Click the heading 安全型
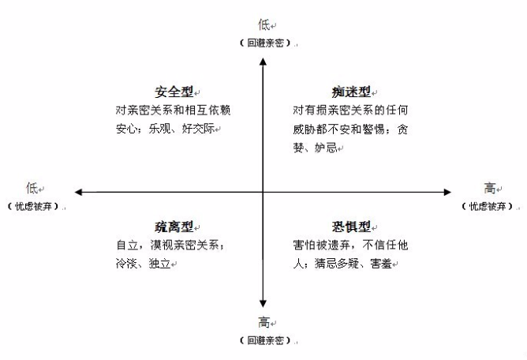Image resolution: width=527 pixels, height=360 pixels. pos(174,92)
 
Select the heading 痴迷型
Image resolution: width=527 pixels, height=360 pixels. pos(351,92)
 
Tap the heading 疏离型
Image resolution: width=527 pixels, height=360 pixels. pos(174,227)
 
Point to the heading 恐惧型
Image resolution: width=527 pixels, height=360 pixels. pos(351,227)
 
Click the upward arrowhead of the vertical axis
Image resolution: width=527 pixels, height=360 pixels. pos(263,62)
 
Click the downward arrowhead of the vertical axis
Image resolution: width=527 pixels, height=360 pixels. pos(263,303)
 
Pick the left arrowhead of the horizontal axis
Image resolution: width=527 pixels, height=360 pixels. pos(78,192)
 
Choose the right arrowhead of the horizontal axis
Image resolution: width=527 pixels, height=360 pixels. pos(447,192)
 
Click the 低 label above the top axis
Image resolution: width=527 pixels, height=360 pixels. pos(263,25)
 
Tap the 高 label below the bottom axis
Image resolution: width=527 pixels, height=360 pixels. pos(263,322)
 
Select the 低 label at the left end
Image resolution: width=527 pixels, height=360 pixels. pos(32,188)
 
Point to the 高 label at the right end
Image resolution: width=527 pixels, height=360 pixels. pos(490,188)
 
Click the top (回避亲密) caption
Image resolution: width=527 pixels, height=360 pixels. pos(265,43)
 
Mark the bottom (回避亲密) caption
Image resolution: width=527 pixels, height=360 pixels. pos(265,340)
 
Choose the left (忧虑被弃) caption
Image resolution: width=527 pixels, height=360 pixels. pos(33,206)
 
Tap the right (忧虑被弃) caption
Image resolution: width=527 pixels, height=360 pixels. pos(488,206)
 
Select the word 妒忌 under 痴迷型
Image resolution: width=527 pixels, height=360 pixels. pos(326,148)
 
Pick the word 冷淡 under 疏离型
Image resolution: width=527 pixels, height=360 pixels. pos(127,263)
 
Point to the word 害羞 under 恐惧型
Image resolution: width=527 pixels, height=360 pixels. pos(381,263)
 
